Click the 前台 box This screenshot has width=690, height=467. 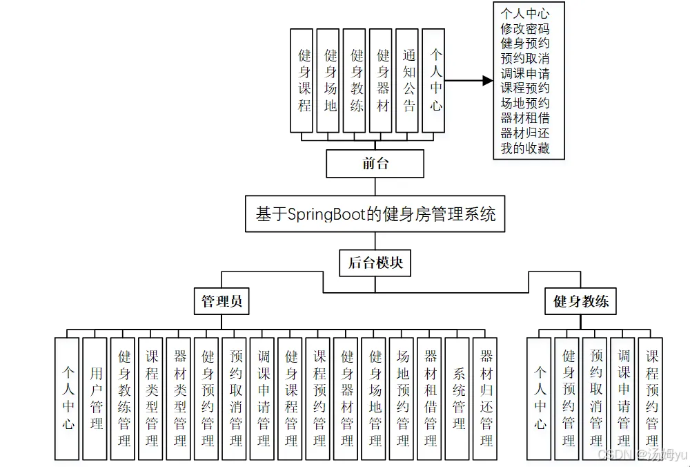(375, 164)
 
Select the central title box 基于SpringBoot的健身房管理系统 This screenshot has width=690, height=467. (375, 214)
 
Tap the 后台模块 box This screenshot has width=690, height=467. (375, 263)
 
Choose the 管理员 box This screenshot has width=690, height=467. (221, 302)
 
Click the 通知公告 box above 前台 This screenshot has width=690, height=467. (409, 80)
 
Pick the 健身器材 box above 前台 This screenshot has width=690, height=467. (383, 80)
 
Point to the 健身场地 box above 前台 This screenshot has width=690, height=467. (331, 80)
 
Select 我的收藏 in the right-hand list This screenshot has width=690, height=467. (525, 148)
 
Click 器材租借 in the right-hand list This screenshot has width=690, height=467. (525, 117)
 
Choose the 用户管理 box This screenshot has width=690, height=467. (96, 399)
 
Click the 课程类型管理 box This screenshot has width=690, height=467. (152, 399)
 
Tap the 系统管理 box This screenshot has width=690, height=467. (458, 399)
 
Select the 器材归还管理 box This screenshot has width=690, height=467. (486, 399)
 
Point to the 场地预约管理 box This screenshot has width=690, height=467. (402, 399)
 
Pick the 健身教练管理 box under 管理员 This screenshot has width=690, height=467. (124, 399)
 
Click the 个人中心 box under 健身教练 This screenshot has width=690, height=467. (540, 399)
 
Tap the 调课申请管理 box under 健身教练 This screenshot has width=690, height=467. (624, 399)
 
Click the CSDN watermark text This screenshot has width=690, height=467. (642, 454)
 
